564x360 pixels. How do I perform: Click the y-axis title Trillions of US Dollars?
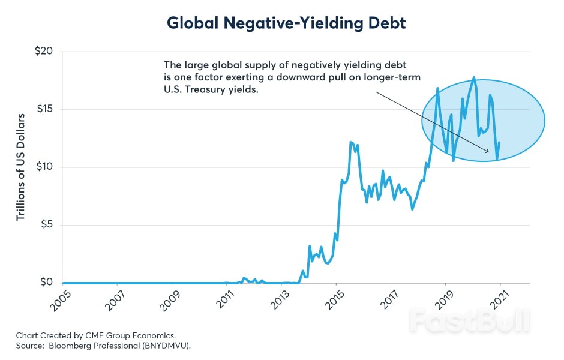coord(21,166)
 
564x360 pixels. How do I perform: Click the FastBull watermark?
coord(470,321)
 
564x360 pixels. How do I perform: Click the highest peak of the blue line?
coord(474,77)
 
